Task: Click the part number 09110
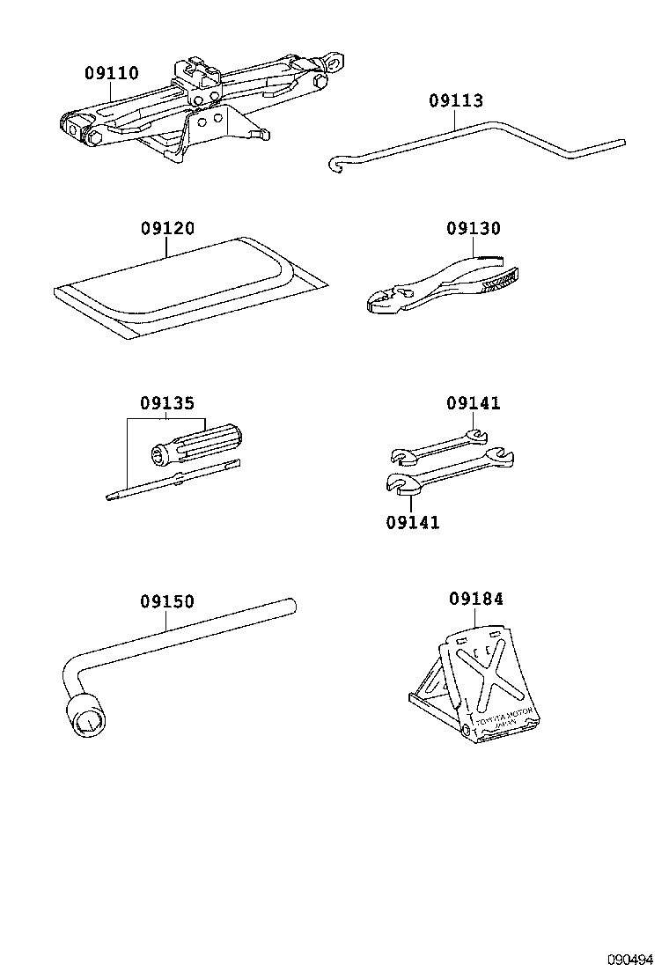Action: tap(112, 74)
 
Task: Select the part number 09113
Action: tap(456, 101)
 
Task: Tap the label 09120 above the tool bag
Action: tap(167, 229)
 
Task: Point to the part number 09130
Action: tap(473, 229)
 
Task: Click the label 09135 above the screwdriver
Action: tap(166, 404)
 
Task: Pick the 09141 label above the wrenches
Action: tap(473, 404)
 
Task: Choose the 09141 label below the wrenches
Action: tap(412, 523)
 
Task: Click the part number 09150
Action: tap(166, 602)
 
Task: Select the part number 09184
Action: tap(476, 600)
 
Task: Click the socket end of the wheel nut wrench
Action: tap(88, 718)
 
